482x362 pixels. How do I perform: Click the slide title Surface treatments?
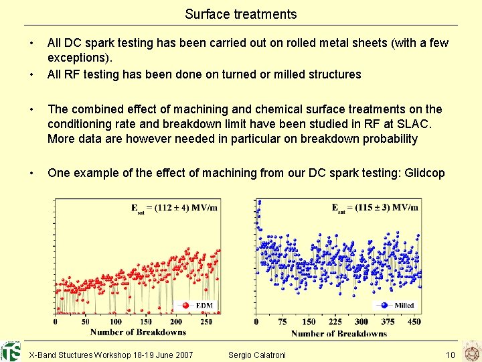pyautogui.click(x=241, y=14)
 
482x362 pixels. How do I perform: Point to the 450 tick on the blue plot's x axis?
pyautogui.click(x=414, y=322)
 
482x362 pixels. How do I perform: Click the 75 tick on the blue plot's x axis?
pyautogui.click(x=283, y=322)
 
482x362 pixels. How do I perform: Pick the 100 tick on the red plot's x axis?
pyautogui.click(x=115, y=322)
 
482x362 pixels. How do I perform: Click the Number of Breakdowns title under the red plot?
pyautogui.click(x=138, y=332)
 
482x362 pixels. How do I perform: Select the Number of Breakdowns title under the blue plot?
pyautogui.click(x=339, y=333)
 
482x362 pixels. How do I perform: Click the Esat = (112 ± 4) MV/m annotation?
pyautogui.click(x=173, y=208)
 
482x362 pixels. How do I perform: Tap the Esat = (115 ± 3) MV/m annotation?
pyautogui.click(x=375, y=208)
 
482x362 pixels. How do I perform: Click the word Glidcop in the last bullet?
pyautogui.click(x=422, y=173)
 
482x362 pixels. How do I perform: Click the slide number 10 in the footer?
pyautogui.click(x=450, y=355)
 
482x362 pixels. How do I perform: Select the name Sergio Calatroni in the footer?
pyautogui.click(x=256, y=355)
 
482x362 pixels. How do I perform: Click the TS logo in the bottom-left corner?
pyautogui.click(x=11, y=351)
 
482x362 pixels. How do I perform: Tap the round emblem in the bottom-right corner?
pyautogui.click(x=471, y=351)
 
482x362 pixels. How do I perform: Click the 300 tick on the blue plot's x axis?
pyautogui.click(x=361, y=322)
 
